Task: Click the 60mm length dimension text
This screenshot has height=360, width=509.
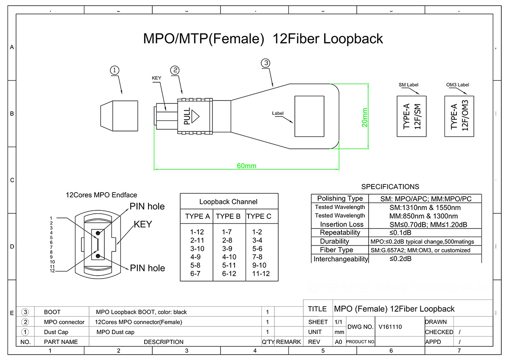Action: point(246,166)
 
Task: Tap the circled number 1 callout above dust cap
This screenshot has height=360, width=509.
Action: point(115,70)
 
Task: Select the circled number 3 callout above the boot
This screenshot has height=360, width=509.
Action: point(266,63)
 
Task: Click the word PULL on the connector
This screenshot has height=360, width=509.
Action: point(187,116)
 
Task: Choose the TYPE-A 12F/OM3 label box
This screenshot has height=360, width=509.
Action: point(459,116)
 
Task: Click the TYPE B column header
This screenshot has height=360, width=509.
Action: point(228,216)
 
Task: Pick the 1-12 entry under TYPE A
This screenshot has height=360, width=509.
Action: point(197,232)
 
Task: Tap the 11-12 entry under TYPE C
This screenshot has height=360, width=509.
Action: point(261,273)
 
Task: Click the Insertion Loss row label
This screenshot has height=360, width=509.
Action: point(341,224)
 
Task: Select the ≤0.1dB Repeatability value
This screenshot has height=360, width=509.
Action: point(400,233)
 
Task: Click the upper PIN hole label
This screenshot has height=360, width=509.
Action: point(147,207)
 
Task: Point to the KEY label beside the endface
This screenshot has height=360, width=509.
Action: point(143,224)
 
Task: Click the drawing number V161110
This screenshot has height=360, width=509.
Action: point(390,327)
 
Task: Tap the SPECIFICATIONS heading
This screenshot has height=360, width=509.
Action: point(390,187)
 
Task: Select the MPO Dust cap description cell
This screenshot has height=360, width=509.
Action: point(115,332)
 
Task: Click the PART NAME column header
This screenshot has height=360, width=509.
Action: point(61,342)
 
